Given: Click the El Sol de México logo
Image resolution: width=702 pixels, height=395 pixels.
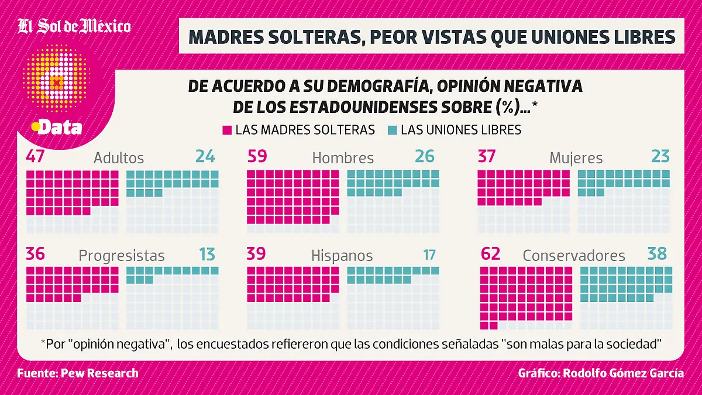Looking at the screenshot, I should coord(74,27).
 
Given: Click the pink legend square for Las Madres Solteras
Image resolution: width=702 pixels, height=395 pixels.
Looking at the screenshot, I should coord(228,130).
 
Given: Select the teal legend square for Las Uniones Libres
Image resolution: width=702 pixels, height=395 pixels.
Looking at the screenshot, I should coord(393,130).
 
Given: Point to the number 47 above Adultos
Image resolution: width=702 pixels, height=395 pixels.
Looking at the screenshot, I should coord(36,156).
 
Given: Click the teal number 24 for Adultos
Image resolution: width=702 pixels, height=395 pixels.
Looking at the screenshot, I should coord(205,156).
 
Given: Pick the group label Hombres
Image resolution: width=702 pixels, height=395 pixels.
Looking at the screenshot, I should coord(343,158).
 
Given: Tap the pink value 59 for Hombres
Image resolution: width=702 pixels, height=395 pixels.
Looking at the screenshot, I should coord(257,156).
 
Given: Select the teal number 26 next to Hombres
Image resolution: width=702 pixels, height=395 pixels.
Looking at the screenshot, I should coord(425,156).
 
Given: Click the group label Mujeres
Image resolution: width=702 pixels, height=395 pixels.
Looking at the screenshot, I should coord(576,158).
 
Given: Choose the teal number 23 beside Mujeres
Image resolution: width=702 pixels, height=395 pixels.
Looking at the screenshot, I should coord(660,156).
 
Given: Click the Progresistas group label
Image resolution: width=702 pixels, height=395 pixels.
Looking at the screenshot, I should coord(122,256).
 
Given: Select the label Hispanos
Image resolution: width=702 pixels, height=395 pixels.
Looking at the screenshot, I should coord(342,256).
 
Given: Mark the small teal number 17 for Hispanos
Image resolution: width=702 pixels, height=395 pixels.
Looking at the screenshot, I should coord(429,255).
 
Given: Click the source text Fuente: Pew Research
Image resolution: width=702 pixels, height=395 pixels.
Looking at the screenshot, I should coord(78,373).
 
